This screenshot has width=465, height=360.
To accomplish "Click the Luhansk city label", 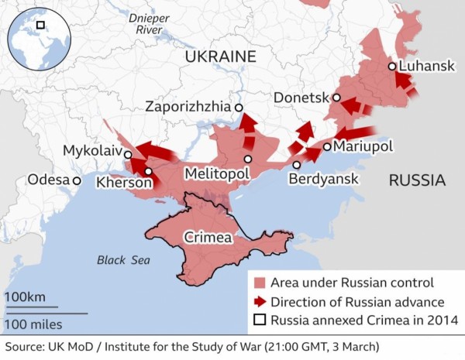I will (427, 67).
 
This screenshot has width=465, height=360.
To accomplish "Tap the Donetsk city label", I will (301, 98).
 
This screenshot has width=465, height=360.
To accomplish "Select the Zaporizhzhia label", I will (189, 108).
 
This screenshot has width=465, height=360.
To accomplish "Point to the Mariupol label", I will (363, 146).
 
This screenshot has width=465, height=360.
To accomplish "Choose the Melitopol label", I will (216, 174).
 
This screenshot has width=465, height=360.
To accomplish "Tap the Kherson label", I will (123, 183).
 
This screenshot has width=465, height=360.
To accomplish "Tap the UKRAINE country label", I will (220, 56).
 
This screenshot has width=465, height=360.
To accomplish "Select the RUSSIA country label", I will (417, 181).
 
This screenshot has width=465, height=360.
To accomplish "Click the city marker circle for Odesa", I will (77, 180).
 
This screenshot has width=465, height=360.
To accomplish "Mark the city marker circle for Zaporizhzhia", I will (239, 108).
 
